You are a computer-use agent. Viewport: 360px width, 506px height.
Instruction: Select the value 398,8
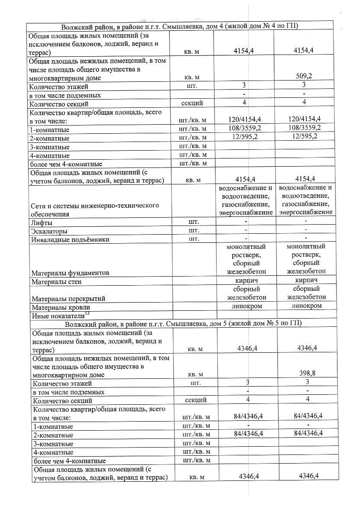pos(305,373)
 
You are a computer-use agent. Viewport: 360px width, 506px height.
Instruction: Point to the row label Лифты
pos(42,223)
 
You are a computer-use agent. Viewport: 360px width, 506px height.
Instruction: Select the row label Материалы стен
pos(57,282)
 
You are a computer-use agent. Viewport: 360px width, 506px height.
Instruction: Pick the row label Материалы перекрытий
pos(68,298)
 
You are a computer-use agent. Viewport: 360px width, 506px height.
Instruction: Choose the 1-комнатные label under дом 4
pos(49,130)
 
